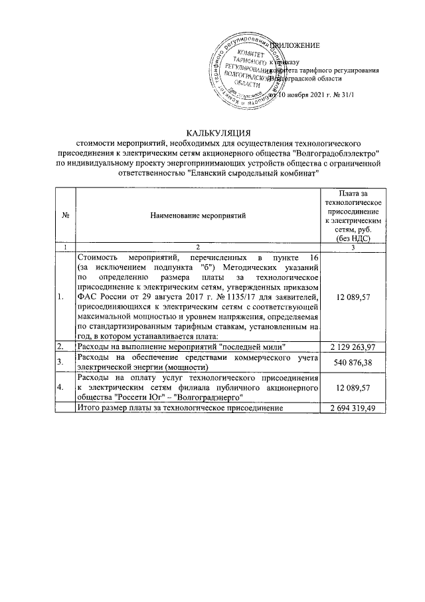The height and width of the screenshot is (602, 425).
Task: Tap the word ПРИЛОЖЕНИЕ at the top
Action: (293, 45)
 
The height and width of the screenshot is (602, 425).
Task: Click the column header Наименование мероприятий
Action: (197, 216)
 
